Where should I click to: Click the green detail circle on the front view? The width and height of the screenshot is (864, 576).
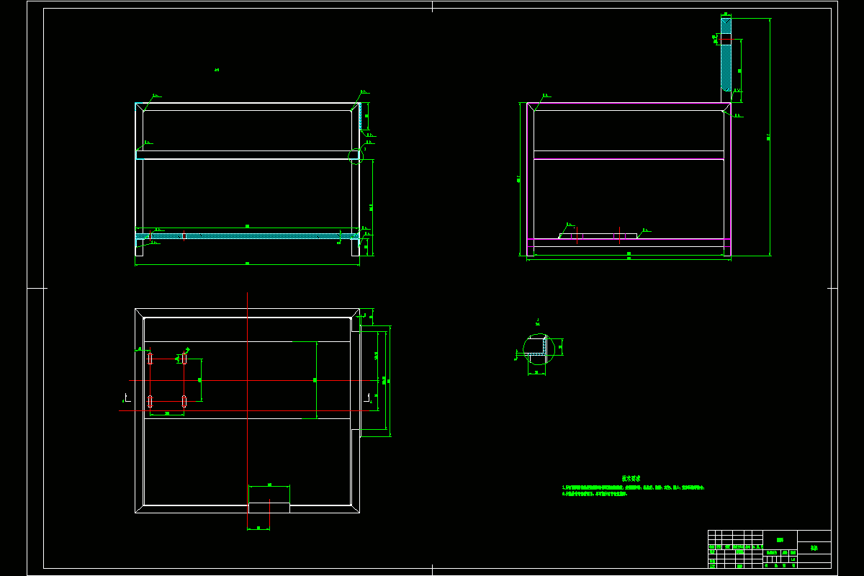(x=356, y=156)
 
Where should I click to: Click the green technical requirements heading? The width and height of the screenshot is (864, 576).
(x=631, y=478)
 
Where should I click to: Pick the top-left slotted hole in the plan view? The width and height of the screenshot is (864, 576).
(x=150, y=359)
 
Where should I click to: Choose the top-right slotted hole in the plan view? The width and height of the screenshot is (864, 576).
(x=184, y=359)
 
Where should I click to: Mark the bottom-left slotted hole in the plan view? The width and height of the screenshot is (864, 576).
(x=150, y=401)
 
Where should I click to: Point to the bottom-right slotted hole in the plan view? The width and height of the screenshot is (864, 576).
(x=184, y=401)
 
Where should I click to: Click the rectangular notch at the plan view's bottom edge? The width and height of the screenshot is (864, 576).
(x=269, y=508)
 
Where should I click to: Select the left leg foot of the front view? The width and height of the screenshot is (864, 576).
(x=139, y=248)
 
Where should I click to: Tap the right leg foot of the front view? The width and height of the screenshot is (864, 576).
(x=355, y=248)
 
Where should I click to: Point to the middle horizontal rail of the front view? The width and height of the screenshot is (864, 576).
(x=247, y=155)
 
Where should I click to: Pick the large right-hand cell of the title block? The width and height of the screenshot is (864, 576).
(x=814, y=548)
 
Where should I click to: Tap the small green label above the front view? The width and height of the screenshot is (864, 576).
(x=216, y=70)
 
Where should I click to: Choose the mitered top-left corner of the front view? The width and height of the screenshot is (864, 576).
(x=140, y=107)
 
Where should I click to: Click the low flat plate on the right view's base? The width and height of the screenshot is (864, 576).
(x=598, y=235)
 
